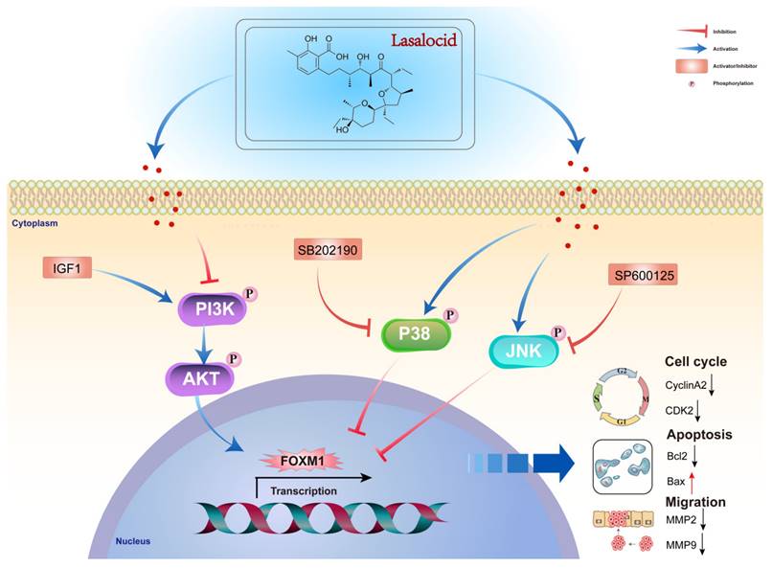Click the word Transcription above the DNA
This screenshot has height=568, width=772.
(304, 490)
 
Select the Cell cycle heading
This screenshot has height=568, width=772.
(697, 362)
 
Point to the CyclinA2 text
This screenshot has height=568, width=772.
(687, 384)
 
